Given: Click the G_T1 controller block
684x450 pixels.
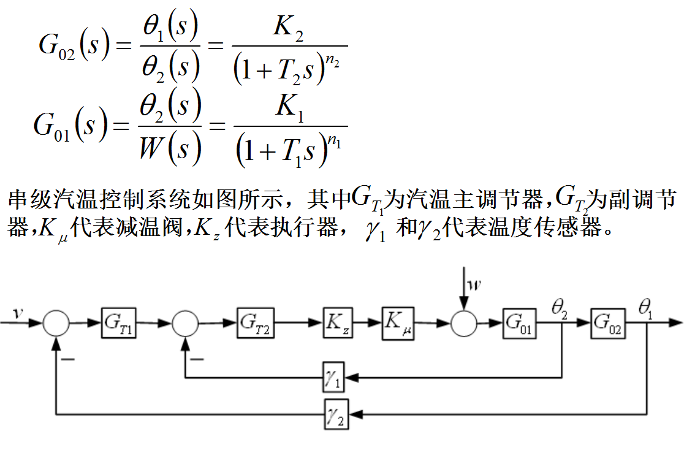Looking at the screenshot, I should click(x=119, y=322).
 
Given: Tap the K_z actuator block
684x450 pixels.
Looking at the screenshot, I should click(x=338, y=322).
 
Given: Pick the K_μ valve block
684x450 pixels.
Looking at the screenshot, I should click(x=398, y=322).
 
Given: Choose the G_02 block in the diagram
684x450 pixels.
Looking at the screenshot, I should click(x=608, y=322).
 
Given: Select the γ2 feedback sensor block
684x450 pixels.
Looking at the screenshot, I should click(x=335, y=414).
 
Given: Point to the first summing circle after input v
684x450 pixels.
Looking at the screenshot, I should click(x=56, y=322).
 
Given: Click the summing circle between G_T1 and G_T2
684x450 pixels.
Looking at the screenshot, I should click(x=185, y=322).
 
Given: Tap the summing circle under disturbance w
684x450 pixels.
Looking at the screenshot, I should click(x=464, y=322).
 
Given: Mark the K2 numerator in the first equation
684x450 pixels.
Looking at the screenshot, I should click(x=290, y=31).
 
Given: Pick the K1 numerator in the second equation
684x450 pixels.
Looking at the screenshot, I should click(x=290, y=109).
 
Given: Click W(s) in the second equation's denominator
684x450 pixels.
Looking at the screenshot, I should click(x=170, y=148).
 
